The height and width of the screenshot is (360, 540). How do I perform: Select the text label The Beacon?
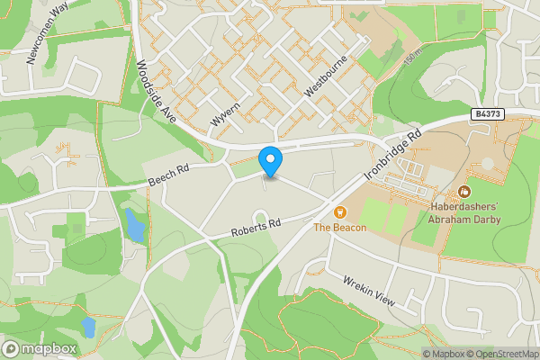[x=340, y=228]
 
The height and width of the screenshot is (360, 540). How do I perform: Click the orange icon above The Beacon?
[x=340, y=212]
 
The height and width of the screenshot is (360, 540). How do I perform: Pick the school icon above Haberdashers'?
[x=463, y=192]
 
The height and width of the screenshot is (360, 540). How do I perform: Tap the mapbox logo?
[x=40, y=348]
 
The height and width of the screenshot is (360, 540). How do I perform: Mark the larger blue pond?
[x=134, y=226]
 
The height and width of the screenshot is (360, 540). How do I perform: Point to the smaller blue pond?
[x=88, y=326]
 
